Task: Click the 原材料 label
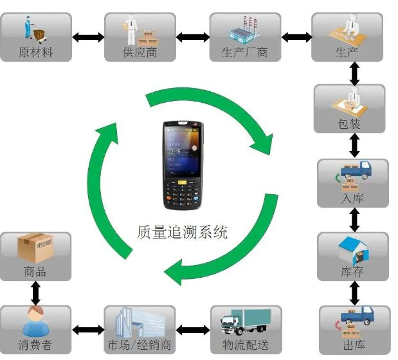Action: tap(35, 52)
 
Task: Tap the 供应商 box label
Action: tap(140, 52)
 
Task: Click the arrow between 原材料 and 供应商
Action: tap(87, 37)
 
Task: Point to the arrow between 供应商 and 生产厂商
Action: tap(192, 37)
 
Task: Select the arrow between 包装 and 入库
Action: tap(353, 145)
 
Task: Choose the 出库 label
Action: tap(352, 345)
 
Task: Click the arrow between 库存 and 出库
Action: tap(353, 293)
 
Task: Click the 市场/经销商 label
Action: tap(140, 345)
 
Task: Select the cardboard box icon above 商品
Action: tap(35, 248)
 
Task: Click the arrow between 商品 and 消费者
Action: tap(35, 293)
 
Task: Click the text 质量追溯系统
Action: tap(183, 231)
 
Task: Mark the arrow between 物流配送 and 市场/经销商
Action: tap(192, 330)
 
